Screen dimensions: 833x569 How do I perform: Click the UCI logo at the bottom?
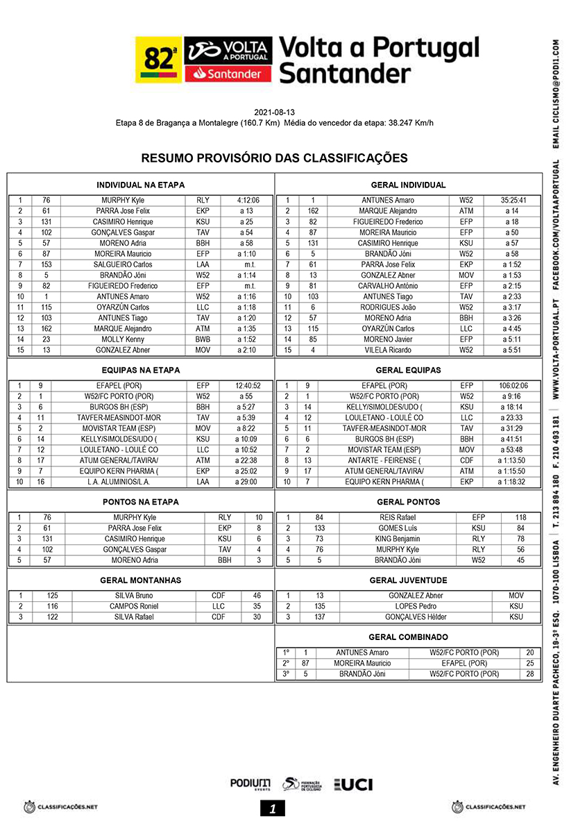point(354,784)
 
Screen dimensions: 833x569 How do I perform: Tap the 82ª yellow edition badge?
point(159,60)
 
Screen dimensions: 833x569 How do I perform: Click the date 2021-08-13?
point(274,112)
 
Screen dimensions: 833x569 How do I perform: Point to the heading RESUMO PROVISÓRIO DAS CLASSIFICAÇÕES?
point(274,158)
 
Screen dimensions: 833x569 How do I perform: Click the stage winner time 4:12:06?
point(248,201)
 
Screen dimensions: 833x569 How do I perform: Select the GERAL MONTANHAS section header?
point(139,580)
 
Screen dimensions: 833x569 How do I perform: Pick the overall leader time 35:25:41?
point(513,201)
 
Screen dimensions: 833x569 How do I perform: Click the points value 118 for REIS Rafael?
point(520,518)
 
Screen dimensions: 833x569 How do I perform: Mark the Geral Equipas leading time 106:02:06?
point(513,386)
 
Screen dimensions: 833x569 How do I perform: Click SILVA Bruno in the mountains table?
point(134,596)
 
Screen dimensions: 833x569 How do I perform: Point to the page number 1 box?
point(273,808)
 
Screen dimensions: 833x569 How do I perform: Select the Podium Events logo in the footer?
point(250,784)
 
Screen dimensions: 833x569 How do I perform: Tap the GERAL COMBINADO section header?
point(408,637)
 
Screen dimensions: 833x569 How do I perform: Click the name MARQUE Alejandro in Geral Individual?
point(388,211)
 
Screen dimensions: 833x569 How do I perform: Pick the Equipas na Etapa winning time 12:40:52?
point(248,386)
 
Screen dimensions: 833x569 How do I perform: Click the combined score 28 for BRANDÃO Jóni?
point(530,674)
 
